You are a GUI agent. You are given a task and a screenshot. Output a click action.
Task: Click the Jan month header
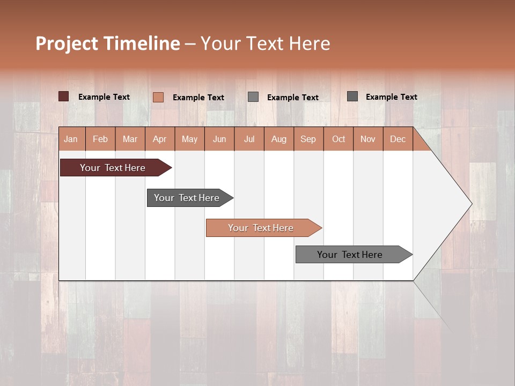click(x=71, y=139)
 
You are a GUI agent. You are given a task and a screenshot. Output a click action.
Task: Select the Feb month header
click(x=100, y=139)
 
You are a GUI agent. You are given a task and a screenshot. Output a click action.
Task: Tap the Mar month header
click(x=130, y=139)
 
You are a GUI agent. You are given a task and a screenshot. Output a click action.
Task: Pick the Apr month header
click(x=160, y=139)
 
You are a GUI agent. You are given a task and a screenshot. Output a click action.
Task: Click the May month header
click(x=189, y=139)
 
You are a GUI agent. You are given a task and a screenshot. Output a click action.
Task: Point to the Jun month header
click(x=219, y=139)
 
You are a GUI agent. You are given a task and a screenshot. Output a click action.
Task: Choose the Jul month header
click(x=249, y=139)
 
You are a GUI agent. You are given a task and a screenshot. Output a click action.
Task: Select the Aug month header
click(x=279, y=139)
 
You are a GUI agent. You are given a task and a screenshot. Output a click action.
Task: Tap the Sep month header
click(x=308, y=139)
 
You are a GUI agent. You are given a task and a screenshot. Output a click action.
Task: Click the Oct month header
click(x=339, y=139)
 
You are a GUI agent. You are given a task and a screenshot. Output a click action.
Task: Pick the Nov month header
click(x=368, y=139)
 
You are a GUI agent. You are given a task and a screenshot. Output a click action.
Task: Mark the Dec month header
click(x=398, y=139)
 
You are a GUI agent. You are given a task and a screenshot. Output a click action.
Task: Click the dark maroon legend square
click(x=64, y=96)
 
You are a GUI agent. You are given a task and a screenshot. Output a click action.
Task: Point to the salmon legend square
click(x=158, y=97)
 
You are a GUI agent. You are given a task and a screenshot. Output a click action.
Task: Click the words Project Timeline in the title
click(x=108, y=43)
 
